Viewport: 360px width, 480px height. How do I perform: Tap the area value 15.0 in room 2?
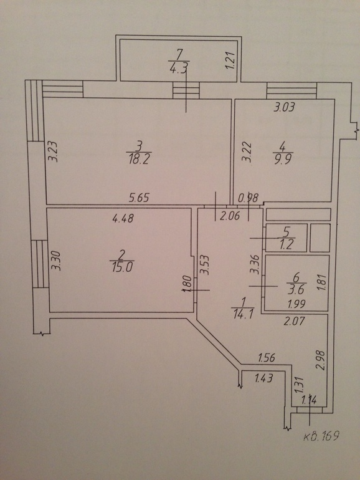121,267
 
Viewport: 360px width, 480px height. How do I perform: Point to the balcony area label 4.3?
179,67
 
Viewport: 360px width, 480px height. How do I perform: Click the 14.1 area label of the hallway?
243,314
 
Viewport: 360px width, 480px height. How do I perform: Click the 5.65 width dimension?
139,198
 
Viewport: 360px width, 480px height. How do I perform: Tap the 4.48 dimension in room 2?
123,218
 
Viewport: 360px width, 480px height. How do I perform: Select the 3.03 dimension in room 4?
284,107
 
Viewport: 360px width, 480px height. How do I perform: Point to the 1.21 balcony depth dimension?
231,60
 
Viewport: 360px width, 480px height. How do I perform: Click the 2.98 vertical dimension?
321,360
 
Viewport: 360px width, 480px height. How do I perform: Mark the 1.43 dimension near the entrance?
263,378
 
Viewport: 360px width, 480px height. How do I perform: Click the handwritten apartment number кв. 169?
321,435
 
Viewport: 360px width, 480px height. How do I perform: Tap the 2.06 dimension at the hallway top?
230,216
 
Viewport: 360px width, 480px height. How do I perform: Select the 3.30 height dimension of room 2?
56,261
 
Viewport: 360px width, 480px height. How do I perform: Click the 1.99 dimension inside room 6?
296,304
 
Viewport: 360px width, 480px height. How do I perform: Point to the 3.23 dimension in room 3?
53,151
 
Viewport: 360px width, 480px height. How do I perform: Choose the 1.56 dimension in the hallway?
267,357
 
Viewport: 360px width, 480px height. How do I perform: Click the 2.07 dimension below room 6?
294,321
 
